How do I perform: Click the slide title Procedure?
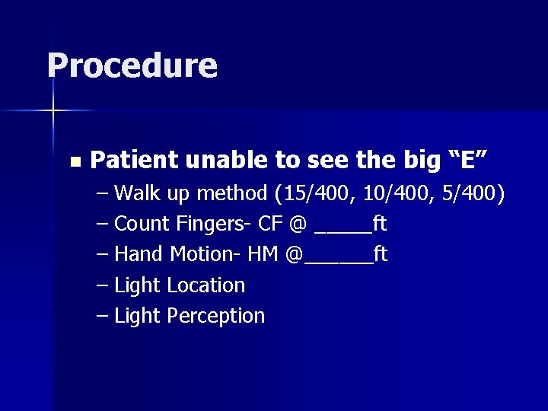click(x=132, y=65)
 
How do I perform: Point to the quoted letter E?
click(x=470, y=160)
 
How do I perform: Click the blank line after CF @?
click(x=342, y=230)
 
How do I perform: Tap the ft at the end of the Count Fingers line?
click(x=379, y=225)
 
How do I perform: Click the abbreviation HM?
click(x=263, y=254)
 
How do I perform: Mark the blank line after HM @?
click(x=338, y=260)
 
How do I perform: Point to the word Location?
click(x=205, y=285)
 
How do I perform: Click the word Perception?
click(x=215, y=316)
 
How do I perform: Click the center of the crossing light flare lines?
click(x=54, y=111)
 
